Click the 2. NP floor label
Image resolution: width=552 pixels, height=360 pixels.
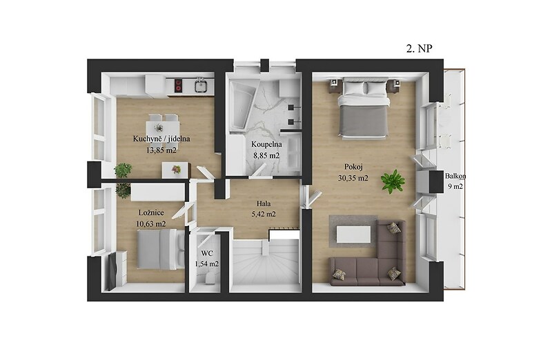(x=419, y=48)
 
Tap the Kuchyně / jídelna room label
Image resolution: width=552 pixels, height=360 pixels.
(x=161, y=139)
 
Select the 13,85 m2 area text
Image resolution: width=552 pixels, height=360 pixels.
(x=161, y=150)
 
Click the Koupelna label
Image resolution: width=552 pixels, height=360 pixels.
(x=266, y=144)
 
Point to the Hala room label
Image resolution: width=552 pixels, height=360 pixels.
(x=264, y=203)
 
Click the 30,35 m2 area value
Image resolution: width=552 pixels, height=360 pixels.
(x=353, y=178)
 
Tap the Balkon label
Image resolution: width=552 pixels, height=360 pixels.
(x=455, y=176)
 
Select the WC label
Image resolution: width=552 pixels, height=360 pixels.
(x=207, y=253)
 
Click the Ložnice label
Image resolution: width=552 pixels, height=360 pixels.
(x=151, y=212)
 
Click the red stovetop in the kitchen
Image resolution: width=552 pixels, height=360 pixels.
(x=179, y=86)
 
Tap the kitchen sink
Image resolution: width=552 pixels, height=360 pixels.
(x=201, y=85)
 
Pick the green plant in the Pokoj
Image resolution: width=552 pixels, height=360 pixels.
(x=393, y=181)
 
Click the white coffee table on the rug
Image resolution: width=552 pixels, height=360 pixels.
(x=353, y=234)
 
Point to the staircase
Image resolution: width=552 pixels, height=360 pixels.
(x=266, y=261)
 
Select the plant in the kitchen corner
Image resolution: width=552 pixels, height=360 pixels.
(x=123, y=170)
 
